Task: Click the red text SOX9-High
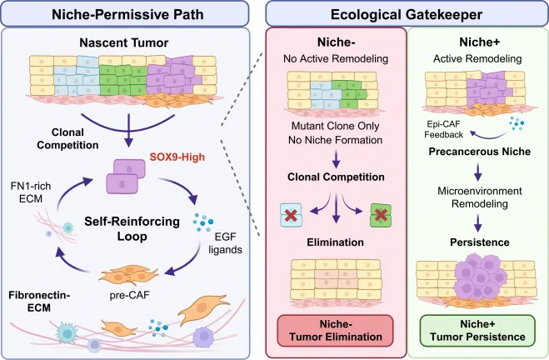coord(177,157)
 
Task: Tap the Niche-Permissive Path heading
coord(127,14)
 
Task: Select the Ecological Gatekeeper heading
coord(407,14)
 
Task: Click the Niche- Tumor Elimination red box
coord(336,331)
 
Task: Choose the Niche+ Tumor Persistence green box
coord(477,331)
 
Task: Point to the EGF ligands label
coord(225,243)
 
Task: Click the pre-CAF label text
coord(129,295)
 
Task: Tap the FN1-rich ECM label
coord(31,192)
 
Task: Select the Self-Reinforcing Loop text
coord(132,228)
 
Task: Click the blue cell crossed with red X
coord(291,215)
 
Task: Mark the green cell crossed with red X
coord(381,215)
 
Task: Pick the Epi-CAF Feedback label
coord(443,129)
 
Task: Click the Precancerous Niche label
coord(480,152)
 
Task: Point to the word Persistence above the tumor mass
coord(480,242)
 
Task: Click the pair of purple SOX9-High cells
coord(126,176)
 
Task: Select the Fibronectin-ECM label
coord(39,302)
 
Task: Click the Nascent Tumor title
coord(124,42)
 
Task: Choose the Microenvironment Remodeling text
coord(480,197)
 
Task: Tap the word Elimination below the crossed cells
coord(336,242)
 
